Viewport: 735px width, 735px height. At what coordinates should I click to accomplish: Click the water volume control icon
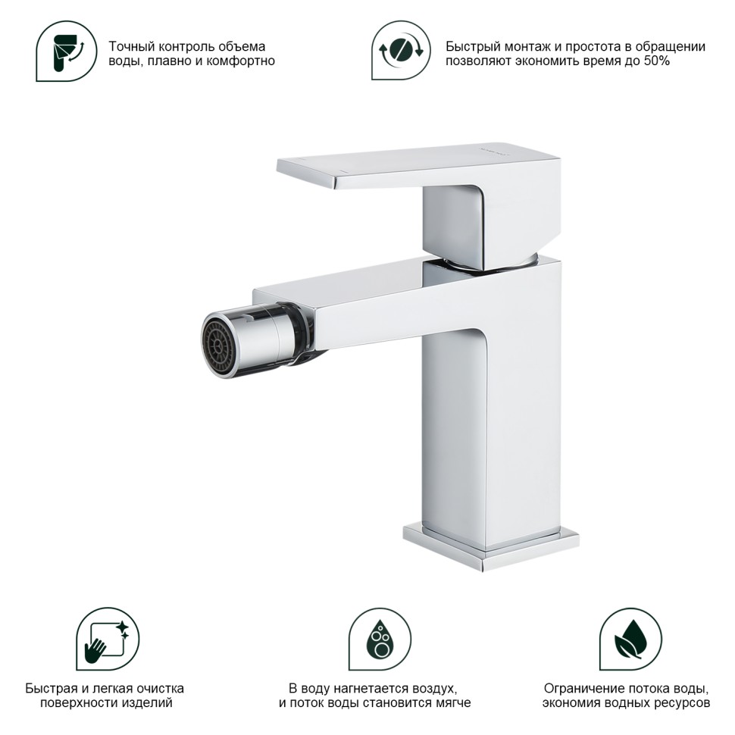[x=67, y=51]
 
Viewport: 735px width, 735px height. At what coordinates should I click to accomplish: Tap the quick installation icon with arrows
[x=401, y=50]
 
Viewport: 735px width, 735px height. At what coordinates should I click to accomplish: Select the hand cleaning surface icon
[x=108, y=639]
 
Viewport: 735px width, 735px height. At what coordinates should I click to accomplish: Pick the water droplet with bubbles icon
[x=380, y=639]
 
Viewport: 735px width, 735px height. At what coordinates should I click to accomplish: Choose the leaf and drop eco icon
[x=630, y=639]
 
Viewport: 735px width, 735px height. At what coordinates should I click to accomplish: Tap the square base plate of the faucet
[x=491, y=547]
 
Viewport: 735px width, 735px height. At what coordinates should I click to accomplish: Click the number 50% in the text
[x=656, y=61]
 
